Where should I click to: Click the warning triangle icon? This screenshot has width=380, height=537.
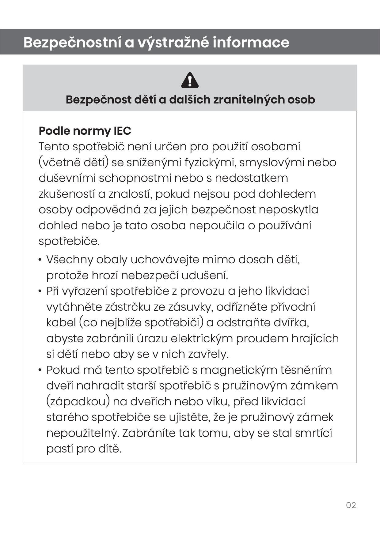(190, 81)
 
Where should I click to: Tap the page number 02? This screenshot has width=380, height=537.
(351, 505)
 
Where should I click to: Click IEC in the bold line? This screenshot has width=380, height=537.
(122, 131)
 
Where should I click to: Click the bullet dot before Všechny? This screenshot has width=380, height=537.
(40, 260)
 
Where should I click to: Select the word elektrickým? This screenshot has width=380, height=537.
(202, 339)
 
